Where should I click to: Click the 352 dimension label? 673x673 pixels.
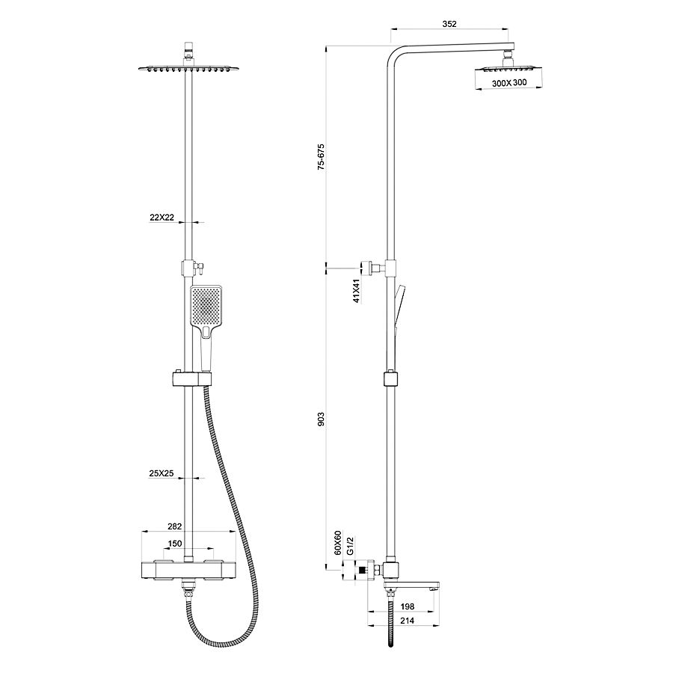coord(449,24)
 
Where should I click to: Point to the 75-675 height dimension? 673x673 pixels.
coord(321,157)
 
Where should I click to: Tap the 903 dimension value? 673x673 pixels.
coord(321,419)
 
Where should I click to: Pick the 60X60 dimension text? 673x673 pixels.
coord(337,542)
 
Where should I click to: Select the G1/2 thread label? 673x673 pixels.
coord(349,544)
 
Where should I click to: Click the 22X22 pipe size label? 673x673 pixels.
coord(162,218)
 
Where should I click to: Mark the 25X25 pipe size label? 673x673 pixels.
coord(162,473)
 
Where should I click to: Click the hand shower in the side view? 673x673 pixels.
coord(400,307)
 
